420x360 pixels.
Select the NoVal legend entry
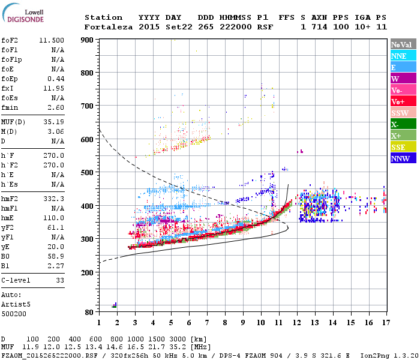coord(403,44)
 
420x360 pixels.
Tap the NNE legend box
coord(403,56)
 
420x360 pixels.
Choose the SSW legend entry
coord(403,113)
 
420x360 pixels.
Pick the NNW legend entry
coord(403,158)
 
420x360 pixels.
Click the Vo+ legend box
coord(403,101)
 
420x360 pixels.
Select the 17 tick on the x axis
coord(384,322)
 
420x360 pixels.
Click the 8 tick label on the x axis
coord(225,322)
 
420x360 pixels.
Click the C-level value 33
coord(60,280)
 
